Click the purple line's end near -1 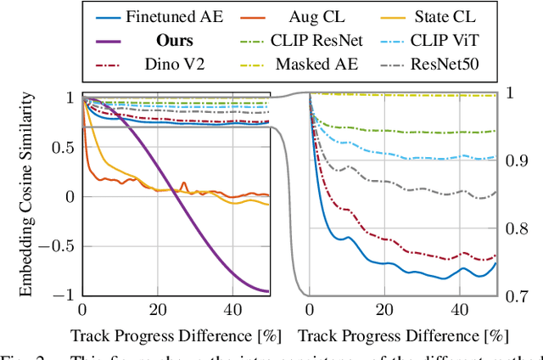[x=268, y=291]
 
